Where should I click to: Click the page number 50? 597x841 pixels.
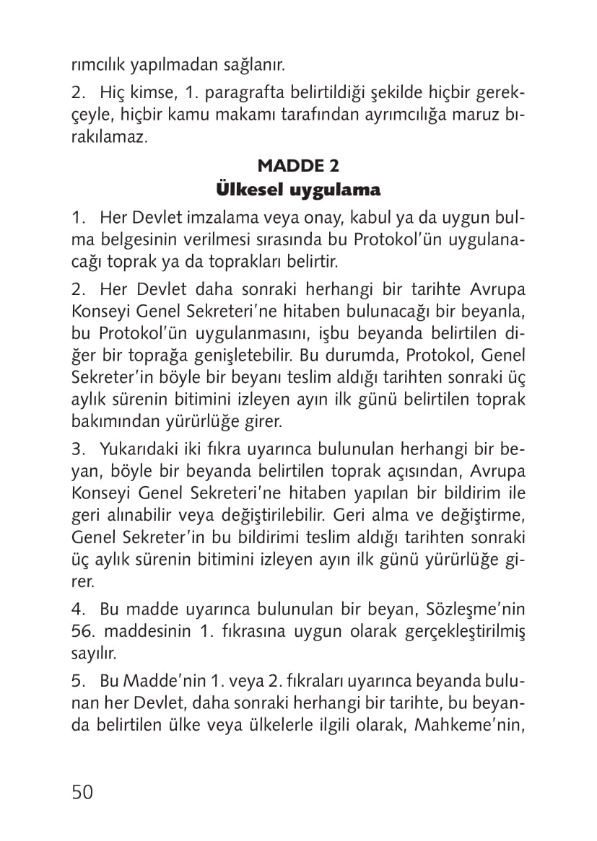coord(82,791)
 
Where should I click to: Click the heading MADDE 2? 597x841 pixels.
coord(298,166)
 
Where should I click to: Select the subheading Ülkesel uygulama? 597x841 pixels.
coord(298,190)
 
